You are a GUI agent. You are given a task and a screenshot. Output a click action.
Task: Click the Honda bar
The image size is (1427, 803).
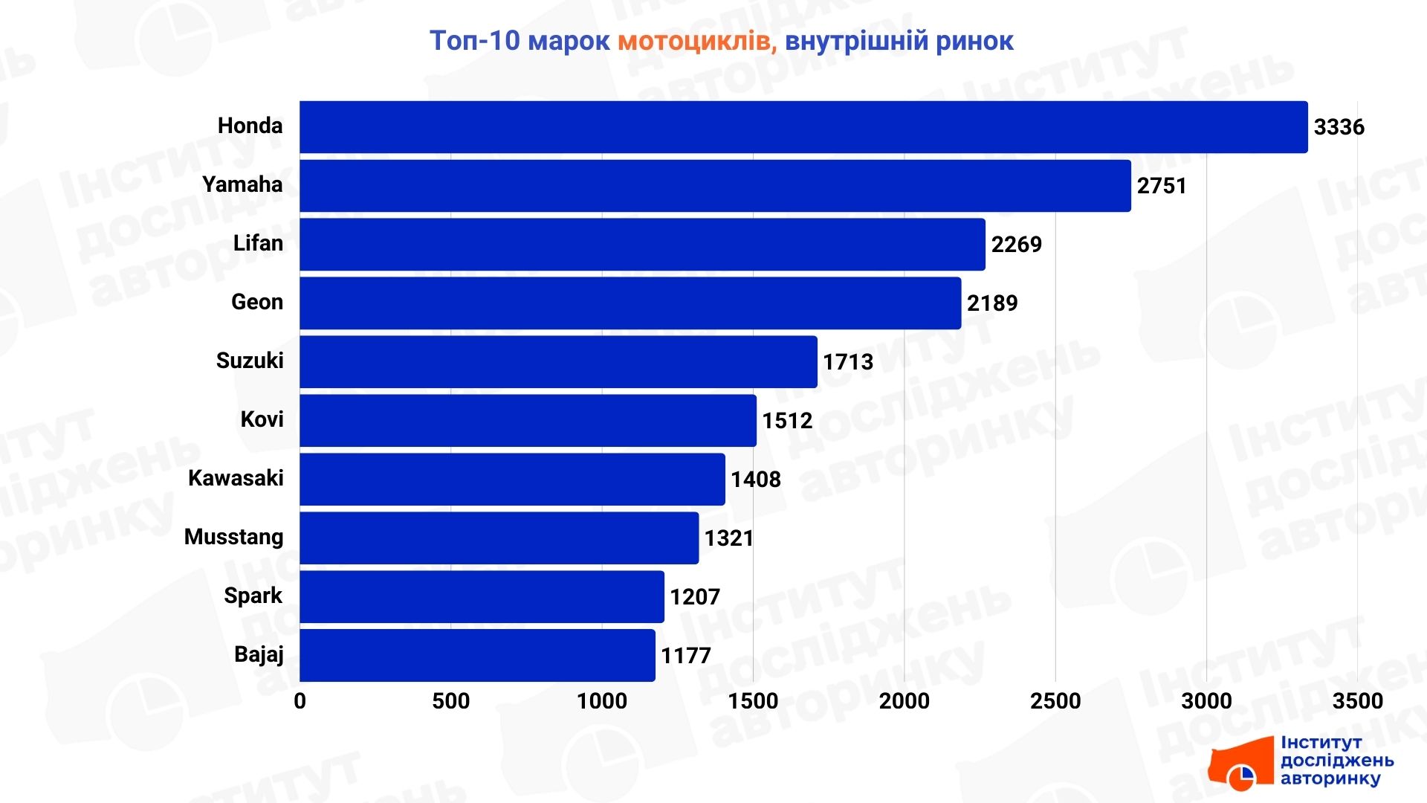pyautogui.click(x=803, y=127)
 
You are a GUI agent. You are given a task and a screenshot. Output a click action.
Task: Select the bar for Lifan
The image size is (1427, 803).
pyautogui.click(x=642, y=245)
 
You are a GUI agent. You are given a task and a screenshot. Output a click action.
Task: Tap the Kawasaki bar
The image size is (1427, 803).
pyautogui.click(x=512, y=480)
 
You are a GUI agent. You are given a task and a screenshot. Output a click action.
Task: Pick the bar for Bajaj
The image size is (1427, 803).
pyautogui.click(x=477, y=656)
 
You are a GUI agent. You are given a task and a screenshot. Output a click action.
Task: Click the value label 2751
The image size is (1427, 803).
pyautogui.click(x=1162, y=186)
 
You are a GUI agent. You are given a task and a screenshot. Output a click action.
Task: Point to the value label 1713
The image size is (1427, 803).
pyautogui.click(x=848, y=362)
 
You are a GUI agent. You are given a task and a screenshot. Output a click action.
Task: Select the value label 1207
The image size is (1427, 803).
pyautogui.click(x=695, y=597)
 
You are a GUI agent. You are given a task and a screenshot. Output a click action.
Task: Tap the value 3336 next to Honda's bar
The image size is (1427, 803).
pyautogui.click(x=1339, y=127)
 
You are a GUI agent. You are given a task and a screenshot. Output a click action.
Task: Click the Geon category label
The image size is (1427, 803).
pyautogui.click(x=257, y=302)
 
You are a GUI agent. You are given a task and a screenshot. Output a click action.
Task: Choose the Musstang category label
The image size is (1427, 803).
pyautogui.click(x=234, y=537)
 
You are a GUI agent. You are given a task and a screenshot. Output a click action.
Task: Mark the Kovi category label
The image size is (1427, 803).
pyautogui.click(x=262, y=419)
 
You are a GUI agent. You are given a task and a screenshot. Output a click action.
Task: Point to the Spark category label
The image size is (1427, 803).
pyautogui.click(x=253, y=596)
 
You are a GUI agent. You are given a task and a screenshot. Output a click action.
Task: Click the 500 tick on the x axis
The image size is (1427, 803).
pyautogui.click(x=451, y=701)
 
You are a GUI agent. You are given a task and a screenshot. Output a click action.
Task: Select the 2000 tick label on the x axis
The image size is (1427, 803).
pyautogui.click(x=905, y=701)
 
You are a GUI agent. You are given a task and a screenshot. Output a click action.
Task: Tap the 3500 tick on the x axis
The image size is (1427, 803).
pyautogui.click(x=1358, y=701)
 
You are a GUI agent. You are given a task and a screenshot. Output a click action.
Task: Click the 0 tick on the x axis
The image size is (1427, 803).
pyautogui.click(x=300, y=701)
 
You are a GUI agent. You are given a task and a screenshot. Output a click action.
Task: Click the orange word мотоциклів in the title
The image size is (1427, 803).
pyautogui.click(x=697, y=42)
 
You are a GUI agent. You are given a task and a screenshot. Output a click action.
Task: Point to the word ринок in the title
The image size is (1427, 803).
pyautogui.click(x=974, y=42)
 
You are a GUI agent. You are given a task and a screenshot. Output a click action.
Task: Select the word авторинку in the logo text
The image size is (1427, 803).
pyautogui.click(x=1330, y=778)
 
